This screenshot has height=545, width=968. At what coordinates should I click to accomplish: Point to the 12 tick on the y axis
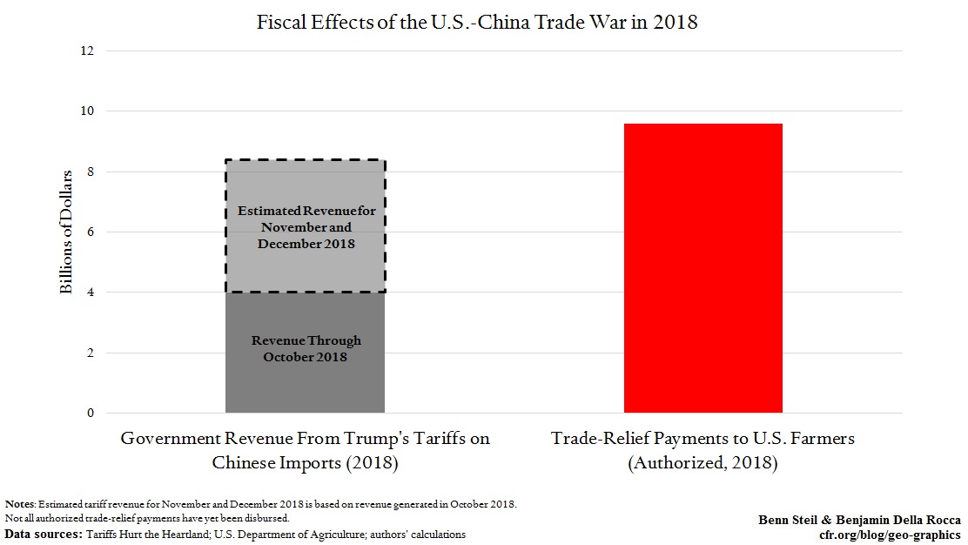click(x=87, y=51)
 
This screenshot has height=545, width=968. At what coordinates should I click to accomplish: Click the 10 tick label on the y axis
click(x=87, y=111)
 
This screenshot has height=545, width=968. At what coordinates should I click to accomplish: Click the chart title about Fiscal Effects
click(x=477, y=23)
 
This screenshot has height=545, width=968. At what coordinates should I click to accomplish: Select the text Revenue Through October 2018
click(x=306, y=348)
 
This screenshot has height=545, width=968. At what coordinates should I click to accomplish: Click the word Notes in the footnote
click(x=19, y=504)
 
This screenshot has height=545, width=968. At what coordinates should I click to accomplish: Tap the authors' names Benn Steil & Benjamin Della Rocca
click(x=859, y=520)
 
